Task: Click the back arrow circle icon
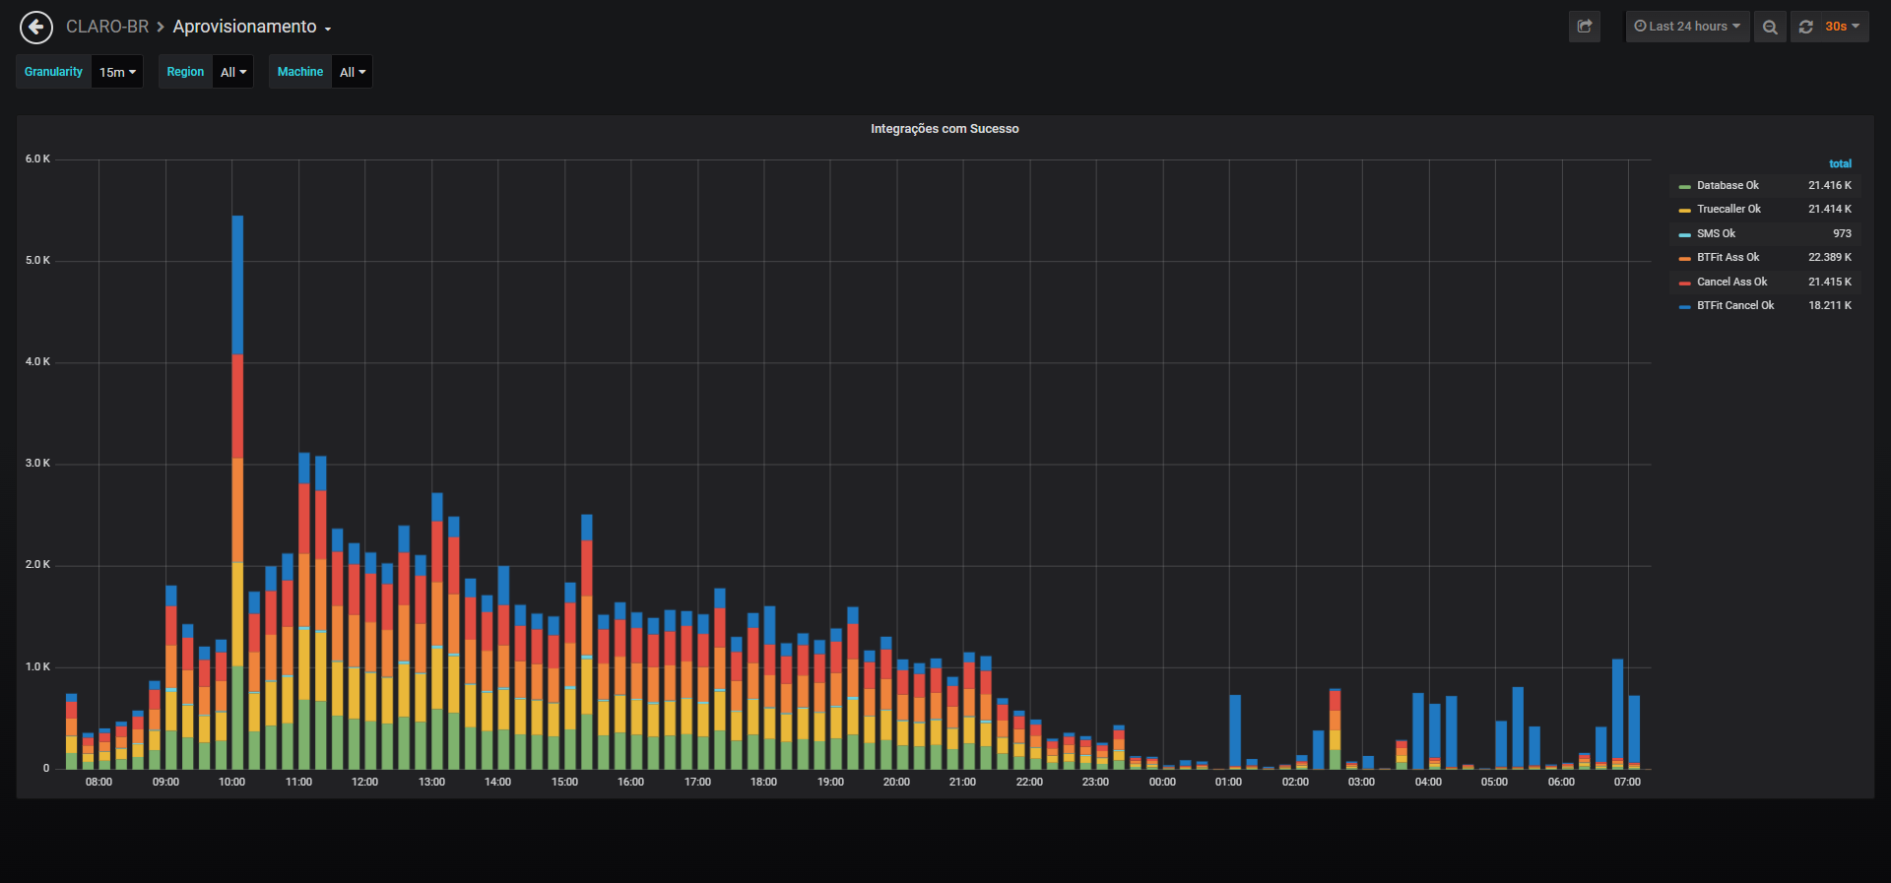click(36, 27)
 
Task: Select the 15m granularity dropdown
click(117, 72)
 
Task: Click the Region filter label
click(185, 72)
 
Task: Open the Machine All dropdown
click(352, 72)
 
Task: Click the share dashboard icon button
click(1585, 27)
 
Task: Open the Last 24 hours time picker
click(1687, 27)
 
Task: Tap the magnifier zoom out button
click(1770, 27)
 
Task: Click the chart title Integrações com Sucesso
click(945, 129)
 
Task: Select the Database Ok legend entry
click(1728, 185)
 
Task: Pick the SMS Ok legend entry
click(1716, 233)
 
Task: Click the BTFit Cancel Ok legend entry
click(1735, 305)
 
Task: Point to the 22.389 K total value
click(1829, 257)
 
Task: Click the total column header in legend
click(1840, 163)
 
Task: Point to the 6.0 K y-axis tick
click(37, 158)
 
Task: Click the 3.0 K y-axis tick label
click(37, 463)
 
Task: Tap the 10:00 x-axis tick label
click(231, 782)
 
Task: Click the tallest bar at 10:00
click(237, 492)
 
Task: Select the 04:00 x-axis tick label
click(1428, 782)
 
